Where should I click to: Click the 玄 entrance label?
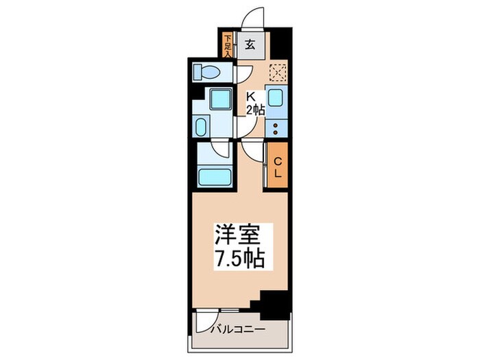click(250, 45)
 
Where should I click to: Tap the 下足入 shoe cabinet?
click(228, 45)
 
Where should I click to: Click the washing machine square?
click(219, 100)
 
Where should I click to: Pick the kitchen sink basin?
click(276, 99)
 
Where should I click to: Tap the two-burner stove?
click(276, 127)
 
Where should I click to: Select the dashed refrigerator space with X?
click(277, 72)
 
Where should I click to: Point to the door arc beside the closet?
click(254, 152)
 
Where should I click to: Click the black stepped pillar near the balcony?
click(270, 301)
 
